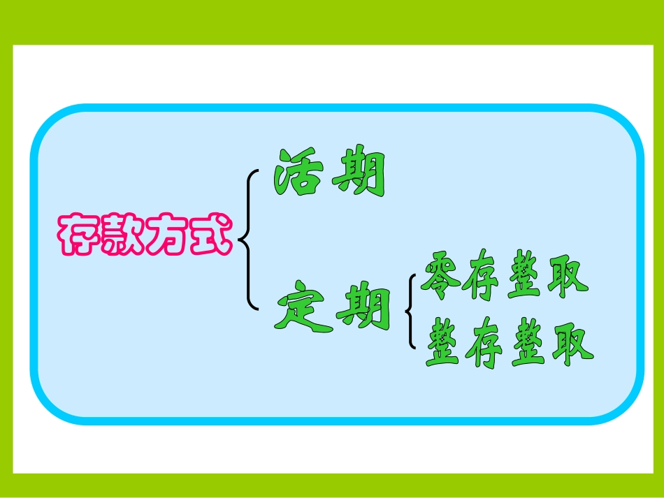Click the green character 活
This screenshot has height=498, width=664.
(x=300, y=171)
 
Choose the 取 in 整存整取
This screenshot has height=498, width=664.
(x=572, y=345)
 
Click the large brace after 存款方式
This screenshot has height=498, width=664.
(x=247, y=239)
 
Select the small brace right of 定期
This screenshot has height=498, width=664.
(x=411, y=311)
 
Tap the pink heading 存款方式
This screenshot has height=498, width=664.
(x=144, y=233)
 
